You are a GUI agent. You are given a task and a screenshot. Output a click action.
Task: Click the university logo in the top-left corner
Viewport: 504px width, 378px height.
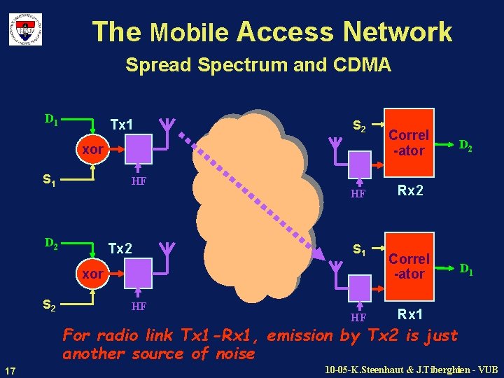coord(25,29)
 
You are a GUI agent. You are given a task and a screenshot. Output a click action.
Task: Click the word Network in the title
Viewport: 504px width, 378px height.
coord(398,31)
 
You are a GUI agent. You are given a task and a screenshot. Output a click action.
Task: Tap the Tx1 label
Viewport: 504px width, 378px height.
coord(122,125)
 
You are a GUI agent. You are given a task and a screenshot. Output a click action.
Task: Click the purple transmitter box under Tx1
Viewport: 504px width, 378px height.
coord(139,148)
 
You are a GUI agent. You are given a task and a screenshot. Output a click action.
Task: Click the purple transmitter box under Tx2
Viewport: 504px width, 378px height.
coord(139,270)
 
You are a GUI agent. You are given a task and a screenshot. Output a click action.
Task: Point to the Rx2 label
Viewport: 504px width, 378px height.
coord(409,190)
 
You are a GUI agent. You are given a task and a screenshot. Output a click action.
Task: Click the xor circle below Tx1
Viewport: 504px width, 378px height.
coord(92,150)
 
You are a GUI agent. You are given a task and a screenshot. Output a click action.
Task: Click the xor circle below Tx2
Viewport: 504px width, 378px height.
coord(92,273)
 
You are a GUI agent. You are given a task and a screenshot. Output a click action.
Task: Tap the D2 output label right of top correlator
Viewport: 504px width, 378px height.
coord(465,146)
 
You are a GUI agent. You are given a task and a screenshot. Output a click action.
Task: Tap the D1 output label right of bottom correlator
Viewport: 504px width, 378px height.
coord(465,269)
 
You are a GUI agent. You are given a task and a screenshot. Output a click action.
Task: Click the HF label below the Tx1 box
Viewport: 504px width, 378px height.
coord(139,181)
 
